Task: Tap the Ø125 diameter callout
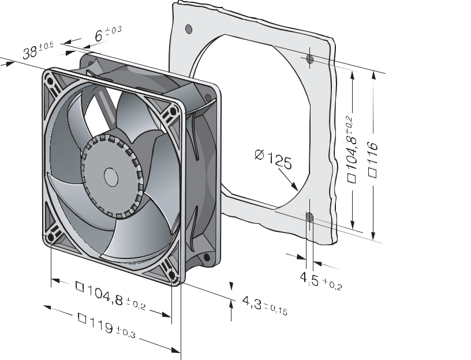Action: [272, 159]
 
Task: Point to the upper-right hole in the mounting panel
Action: [310, 59]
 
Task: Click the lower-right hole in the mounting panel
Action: [310, 217]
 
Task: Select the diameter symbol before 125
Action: [259, 154]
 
